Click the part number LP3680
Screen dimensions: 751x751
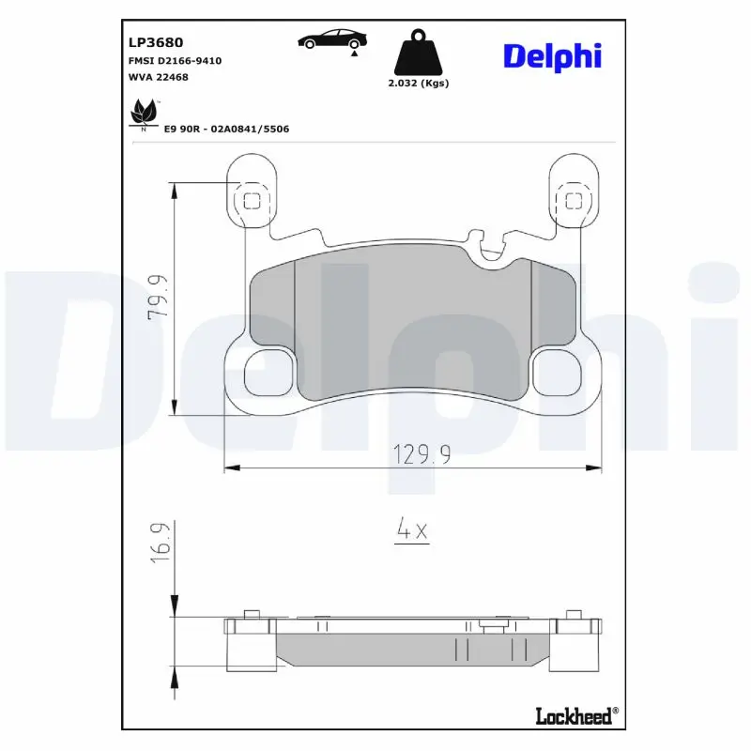tap(155, 42)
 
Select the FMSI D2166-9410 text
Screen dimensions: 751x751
tap(175, 60)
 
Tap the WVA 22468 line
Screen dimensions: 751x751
tap(158, 77)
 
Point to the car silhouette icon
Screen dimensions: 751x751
tap(331, 39)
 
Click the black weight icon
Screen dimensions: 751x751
tap(419, 54)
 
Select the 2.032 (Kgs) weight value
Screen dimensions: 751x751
tap(419, 83)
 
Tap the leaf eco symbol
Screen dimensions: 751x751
tap(144, 114)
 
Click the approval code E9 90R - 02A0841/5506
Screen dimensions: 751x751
tap(226, 129)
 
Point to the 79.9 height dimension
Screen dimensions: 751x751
tap(158, 298)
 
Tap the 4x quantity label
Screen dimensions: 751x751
tap(411, 530)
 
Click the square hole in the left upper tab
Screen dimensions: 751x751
tap(252, 199)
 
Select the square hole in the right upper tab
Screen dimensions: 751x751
tap(572, 199)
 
